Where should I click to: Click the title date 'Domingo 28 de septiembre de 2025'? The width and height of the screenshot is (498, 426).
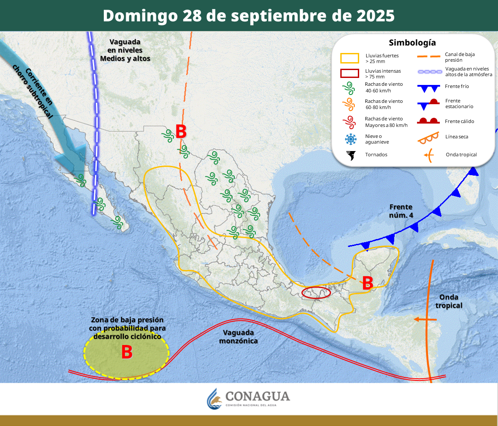249,16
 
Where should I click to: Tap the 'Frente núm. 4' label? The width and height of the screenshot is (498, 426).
401,211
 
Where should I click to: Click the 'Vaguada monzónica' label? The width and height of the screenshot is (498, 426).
238,337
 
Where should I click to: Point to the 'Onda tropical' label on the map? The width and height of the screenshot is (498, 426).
449,301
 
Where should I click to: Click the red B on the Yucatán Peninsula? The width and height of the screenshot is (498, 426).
367,283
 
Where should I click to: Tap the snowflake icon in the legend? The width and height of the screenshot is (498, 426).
350,139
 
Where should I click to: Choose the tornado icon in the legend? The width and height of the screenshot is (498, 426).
350,155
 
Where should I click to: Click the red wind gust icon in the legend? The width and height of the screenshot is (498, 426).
349,122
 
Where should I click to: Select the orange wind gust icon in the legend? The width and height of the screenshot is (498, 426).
349,104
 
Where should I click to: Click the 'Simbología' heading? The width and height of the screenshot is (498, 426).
412,42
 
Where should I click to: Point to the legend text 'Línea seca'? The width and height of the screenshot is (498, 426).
457,137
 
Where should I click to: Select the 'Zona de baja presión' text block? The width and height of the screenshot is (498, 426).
127,328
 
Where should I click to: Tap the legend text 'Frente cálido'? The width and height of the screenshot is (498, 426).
459,121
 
